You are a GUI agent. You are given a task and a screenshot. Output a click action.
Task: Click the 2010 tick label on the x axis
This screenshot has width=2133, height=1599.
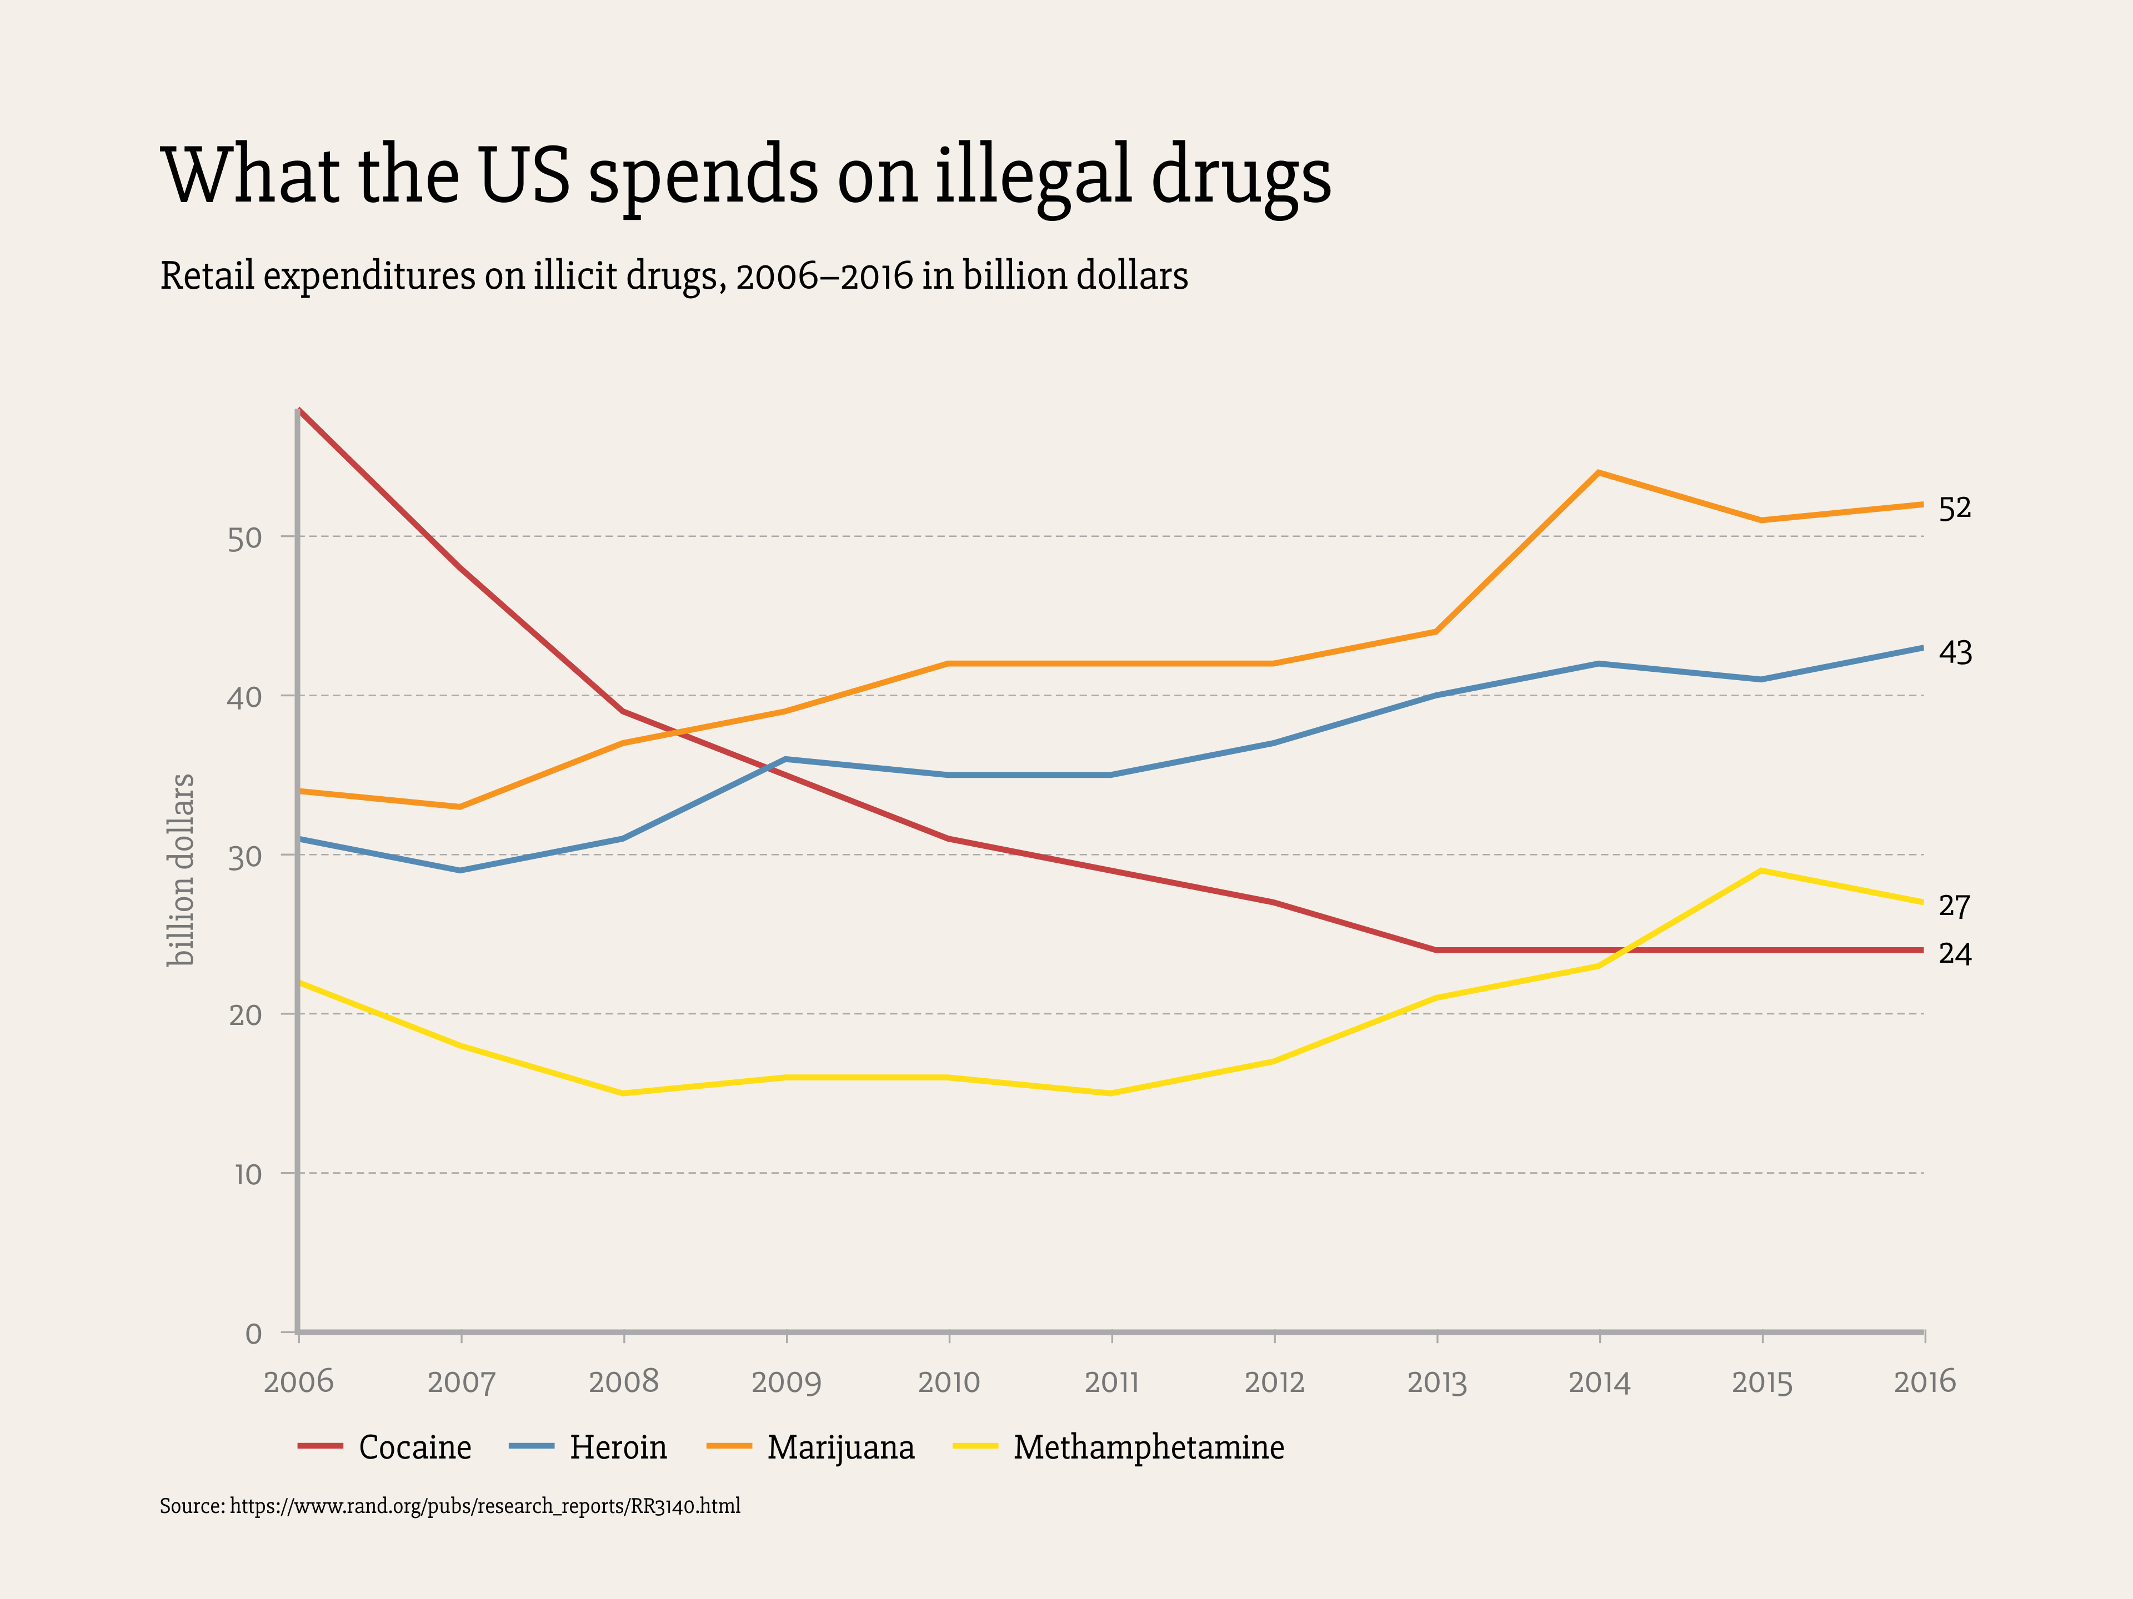(x=949, y=1382)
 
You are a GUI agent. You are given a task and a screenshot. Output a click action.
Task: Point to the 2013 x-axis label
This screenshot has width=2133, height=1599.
(x=1437, y=1382)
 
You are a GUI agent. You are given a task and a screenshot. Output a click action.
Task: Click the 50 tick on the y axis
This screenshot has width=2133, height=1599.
(x=245, y=539)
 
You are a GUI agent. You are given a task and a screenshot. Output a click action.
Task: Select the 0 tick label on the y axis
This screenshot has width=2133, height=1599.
(x=254, y=1334)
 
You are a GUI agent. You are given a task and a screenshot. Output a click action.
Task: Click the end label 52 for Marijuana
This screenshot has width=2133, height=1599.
(x=1955, y=508)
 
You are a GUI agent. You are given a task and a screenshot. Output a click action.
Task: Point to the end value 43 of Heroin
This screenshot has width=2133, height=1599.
(x=1955, y=652)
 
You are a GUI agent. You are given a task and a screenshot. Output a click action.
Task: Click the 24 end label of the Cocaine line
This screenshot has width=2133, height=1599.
(x=1955, y=954)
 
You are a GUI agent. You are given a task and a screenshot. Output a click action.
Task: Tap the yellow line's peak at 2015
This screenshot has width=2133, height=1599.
(x=1762, y=871)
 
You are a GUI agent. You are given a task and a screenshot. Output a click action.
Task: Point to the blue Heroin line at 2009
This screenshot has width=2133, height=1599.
(x=787, y=760)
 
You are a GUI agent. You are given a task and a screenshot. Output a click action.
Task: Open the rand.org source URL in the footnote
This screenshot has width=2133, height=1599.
(x=484, y=1506)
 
